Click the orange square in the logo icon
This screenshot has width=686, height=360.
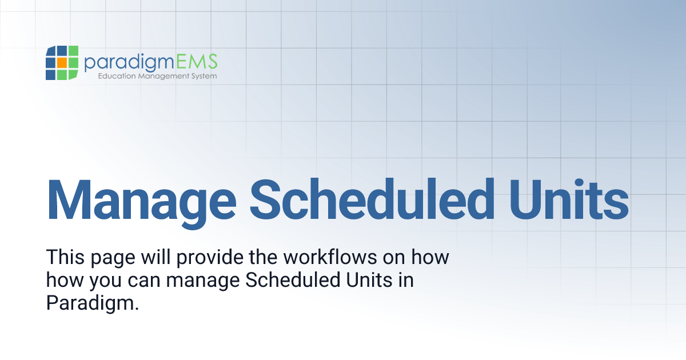pyautogui.click(x=62, y=62)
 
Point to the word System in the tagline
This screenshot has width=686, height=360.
pyautogui.click(x=203, y=76)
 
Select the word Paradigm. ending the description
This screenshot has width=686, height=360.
pyautogui.click(x=93, y=303)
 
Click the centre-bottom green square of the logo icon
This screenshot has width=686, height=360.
pyautogui.click(x=62, y=74)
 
